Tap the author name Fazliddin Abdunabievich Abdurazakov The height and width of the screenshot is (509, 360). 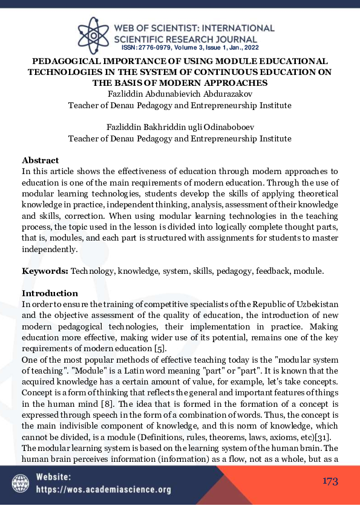[180, 94]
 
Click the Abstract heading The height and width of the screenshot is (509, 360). [41, 160]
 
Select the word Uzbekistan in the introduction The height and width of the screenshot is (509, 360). [316, 303]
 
